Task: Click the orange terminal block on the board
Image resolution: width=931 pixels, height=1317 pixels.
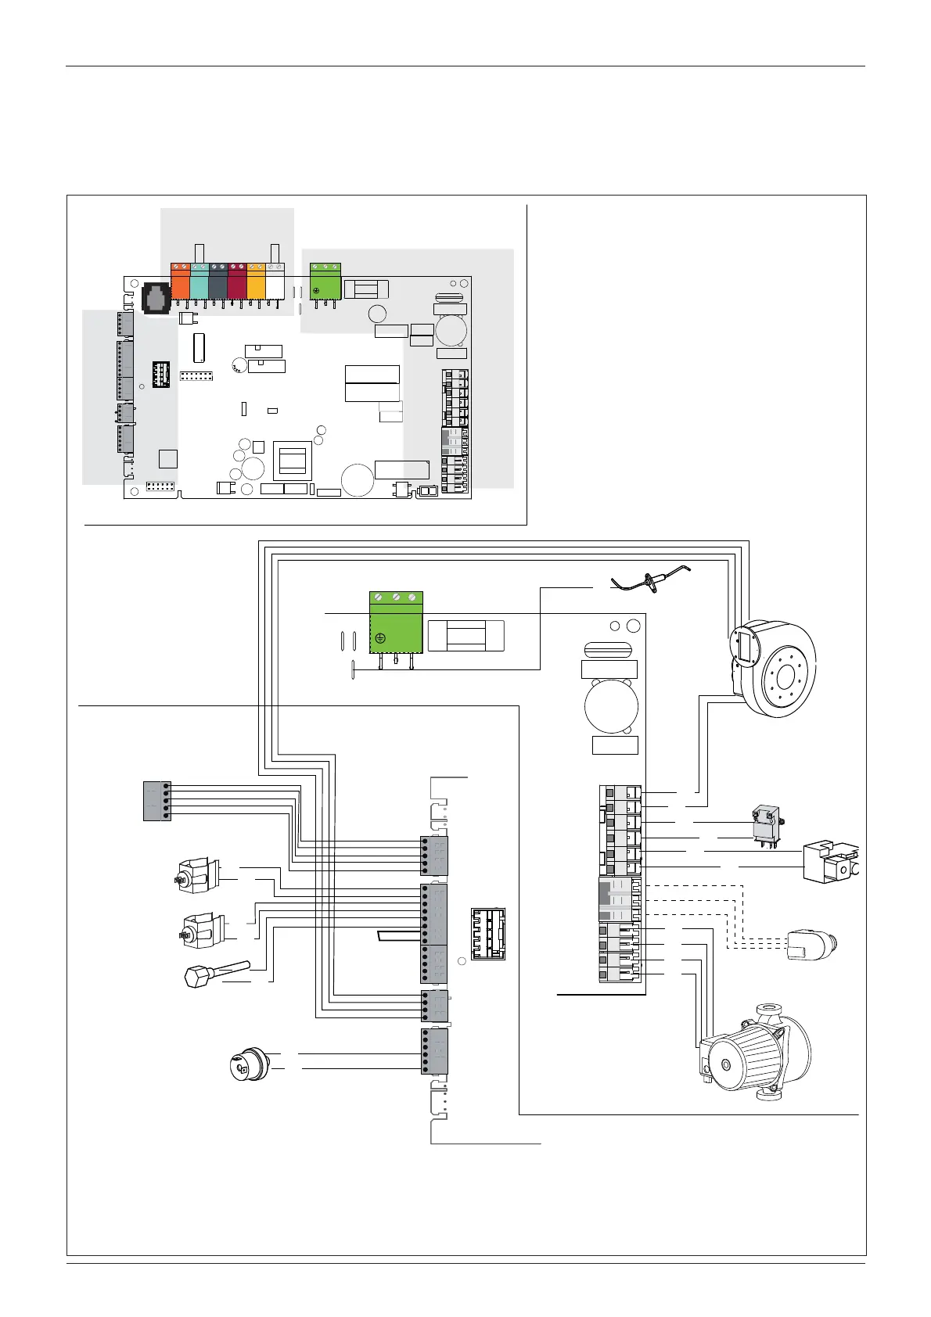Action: click(180, 282)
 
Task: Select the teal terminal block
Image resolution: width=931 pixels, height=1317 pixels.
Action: click(199, 282)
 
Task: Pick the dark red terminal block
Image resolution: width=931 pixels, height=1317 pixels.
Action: click(237, 282)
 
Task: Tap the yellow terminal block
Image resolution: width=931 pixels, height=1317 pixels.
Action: click(256, 282)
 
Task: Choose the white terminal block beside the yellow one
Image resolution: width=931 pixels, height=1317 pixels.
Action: click(275, 282)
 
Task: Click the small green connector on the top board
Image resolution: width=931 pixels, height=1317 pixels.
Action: click(326, 282)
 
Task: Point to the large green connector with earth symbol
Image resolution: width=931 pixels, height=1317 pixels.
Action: click(395, 623)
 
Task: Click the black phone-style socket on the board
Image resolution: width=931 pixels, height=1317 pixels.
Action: click(156, 298)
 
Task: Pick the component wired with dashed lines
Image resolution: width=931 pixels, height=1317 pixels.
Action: click(811, 944)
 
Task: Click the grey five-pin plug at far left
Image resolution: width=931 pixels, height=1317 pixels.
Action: click(157, 800)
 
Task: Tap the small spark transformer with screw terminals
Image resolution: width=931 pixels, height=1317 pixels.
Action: click(764, 824)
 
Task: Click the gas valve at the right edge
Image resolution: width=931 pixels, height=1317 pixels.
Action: click(831, 860)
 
